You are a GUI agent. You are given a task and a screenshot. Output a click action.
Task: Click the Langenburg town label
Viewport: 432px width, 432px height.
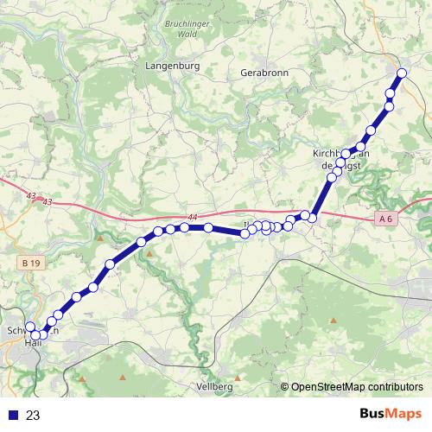pos(174,65)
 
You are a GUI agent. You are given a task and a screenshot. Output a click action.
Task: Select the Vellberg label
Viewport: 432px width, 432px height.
pos(216,385)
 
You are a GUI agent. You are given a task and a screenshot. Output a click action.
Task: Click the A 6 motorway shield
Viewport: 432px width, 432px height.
pos(385,221)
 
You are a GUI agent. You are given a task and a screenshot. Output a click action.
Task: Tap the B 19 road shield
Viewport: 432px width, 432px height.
pos(32,262)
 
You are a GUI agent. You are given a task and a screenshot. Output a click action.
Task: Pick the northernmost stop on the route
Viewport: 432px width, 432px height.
pos(402,73)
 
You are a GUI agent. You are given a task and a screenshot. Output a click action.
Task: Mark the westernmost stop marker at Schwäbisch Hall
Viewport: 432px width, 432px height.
pos(30,327)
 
